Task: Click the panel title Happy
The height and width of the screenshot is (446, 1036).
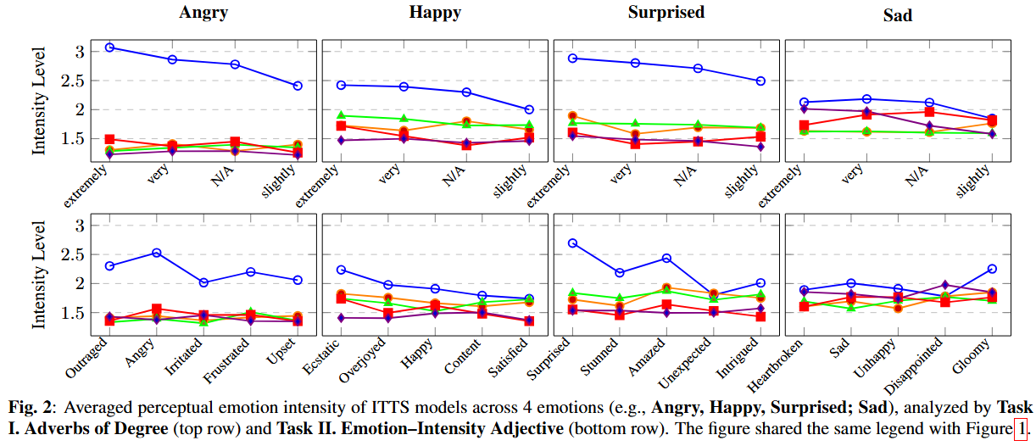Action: coord(436,13)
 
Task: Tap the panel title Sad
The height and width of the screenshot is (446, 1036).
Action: coord(897,15)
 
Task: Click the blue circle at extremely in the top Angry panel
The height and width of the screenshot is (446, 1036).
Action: coord(110,47)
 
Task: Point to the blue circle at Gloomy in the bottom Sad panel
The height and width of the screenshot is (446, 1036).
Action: coord(992,269)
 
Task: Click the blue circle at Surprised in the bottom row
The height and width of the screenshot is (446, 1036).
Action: coord(573,243)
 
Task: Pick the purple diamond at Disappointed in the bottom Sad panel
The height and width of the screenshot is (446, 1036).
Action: coord(945,285)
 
